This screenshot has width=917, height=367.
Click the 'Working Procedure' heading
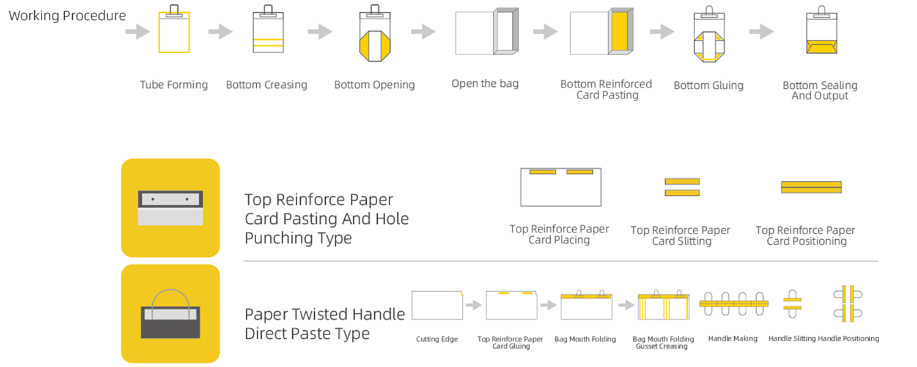coord(67,16)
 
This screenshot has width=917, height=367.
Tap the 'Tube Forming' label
coord(174,85)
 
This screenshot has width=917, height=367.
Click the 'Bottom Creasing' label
coord(267,85)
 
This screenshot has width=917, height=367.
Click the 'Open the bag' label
coord(485,84)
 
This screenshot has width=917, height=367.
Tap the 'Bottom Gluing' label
coord(709,86)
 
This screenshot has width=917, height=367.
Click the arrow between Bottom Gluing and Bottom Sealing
coord(762,32)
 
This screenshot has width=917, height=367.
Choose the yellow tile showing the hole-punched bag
coord(170,208)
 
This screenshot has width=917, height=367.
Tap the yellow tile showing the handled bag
coord(170,314)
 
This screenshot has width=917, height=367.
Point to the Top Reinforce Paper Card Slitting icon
coord(682,187)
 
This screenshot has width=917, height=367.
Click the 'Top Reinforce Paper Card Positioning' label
coord(805,235)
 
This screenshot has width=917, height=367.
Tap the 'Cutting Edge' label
coord(437,339)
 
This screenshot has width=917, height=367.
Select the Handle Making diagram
coord(733,303)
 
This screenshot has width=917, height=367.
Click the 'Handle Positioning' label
coord(849,338)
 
